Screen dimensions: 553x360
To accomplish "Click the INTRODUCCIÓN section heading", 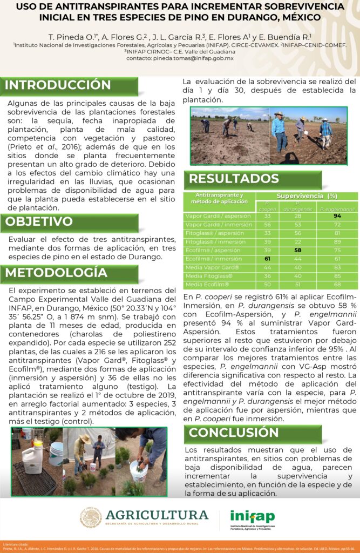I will (58, 85).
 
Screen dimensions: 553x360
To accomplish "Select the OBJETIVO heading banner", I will (39, 222).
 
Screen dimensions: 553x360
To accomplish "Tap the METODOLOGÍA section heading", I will (56, 273).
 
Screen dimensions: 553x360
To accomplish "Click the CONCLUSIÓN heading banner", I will (234, 433).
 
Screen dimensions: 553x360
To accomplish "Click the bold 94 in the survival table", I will (337, 216).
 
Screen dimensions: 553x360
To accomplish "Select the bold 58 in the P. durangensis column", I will (297, 251).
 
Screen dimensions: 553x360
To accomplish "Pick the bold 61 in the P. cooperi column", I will (267, 259).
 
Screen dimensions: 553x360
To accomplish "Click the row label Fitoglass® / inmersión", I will (216, 242).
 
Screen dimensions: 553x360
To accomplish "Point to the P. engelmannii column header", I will (337, 208).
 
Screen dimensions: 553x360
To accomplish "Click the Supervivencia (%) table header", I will (307, 195).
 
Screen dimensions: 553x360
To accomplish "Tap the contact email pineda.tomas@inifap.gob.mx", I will (180, 58).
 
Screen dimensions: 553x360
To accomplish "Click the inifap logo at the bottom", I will (252, 516).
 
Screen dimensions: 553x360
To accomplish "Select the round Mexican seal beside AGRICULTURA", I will (91, 517).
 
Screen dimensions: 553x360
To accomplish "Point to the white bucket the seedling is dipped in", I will (139, 470).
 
